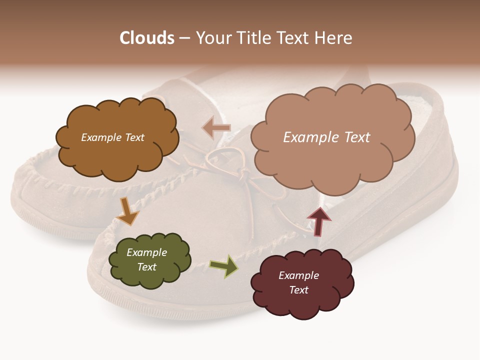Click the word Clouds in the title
[146, 38]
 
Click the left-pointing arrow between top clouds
[216, 128]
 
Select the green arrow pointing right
[224, 266]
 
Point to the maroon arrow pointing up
[319, 220]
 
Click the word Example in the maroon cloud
[298, 275]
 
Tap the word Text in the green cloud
[147, 267]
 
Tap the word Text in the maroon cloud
[298, 290]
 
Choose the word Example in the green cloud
[147, 252]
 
